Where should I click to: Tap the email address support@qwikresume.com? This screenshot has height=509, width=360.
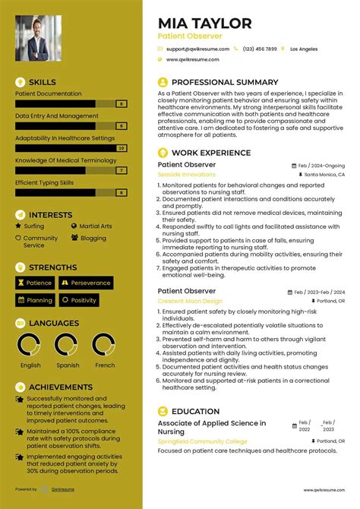(x=197, y=48)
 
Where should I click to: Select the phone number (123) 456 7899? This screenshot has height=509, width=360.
(x=260, y=48)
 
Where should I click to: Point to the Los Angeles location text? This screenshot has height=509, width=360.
(x=304, y=48)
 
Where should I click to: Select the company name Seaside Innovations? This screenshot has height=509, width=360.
(x=186, y=174)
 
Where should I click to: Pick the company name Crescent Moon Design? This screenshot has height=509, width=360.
(x=190, y=301)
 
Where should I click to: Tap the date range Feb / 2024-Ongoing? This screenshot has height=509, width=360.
(x=321, y=165)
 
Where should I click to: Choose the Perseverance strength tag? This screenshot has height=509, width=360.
(x=90, y=283)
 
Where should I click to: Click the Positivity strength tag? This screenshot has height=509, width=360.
(x=84, y=300)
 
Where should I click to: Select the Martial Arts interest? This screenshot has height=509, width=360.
(x=95, y=226)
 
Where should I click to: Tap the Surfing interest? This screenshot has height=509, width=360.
(x=33, y=226)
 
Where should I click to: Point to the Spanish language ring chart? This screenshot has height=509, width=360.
(x=68, y=346)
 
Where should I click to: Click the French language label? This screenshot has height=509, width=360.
(x=105, y=365)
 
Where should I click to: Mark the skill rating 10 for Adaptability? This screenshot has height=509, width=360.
(x=121, y=148)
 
